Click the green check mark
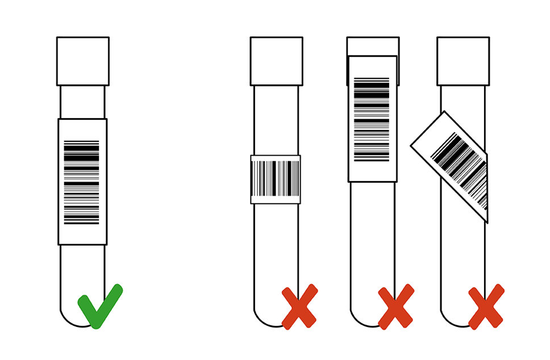pos(101,305)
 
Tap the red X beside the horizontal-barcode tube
pos(299,306)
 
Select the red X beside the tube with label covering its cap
pos(396,306)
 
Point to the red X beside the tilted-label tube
pos(486,306)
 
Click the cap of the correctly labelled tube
pos(83,61)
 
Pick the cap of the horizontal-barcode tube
pos(276,61)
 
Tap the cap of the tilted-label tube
pos(463,61)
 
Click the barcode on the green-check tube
pos(81,182)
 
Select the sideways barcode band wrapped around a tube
pos(276,178)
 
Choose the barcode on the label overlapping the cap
pos(372,119)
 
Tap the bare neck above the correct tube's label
pos(82,102)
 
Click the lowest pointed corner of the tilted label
pos(487,222)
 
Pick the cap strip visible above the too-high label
pos(372,46)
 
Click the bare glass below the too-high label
pos(372,238)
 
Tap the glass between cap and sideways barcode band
pos(276,119)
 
